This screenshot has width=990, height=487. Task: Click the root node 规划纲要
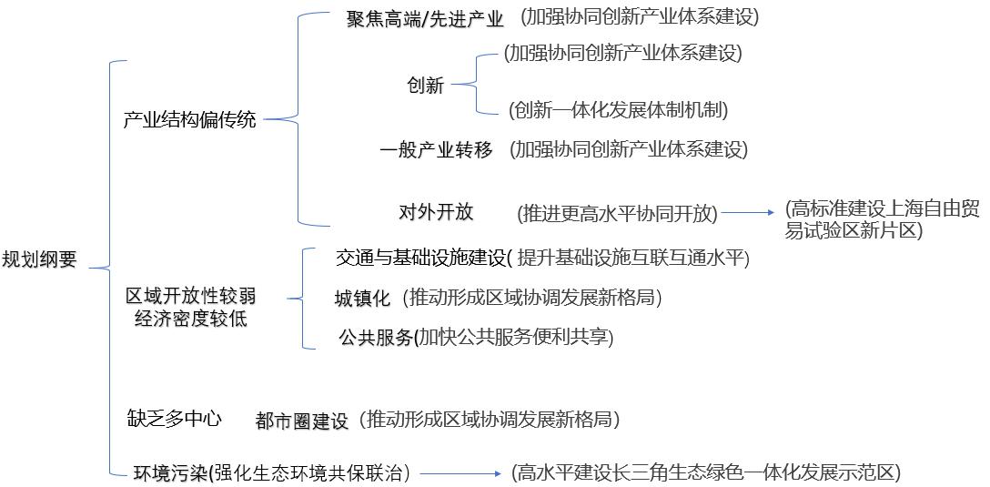click(39, 259)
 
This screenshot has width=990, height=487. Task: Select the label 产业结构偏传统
click(190, 119)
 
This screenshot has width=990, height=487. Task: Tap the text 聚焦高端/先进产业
click(424, 19)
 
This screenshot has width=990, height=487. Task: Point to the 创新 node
click(425, 86)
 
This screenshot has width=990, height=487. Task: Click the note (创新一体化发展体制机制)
click(618, 110)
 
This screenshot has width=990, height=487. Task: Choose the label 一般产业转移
click(436, 150)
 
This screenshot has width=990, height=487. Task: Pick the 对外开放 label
click(436, 212)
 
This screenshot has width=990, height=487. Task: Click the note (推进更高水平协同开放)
click(618, 214)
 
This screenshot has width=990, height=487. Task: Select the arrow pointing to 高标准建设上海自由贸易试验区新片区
click(747, 214)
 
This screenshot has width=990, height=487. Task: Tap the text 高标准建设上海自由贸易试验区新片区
click(883, 219)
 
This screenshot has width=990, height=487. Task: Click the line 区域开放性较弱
click(190, 297)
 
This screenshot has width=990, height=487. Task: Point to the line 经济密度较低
click(190, 319)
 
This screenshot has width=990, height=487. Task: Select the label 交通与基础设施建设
click(419, 259)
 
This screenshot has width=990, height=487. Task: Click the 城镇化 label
click(362, 299)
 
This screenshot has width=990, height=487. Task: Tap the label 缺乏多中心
click(174, 419)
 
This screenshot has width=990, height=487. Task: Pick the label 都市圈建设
click(302, 421)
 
